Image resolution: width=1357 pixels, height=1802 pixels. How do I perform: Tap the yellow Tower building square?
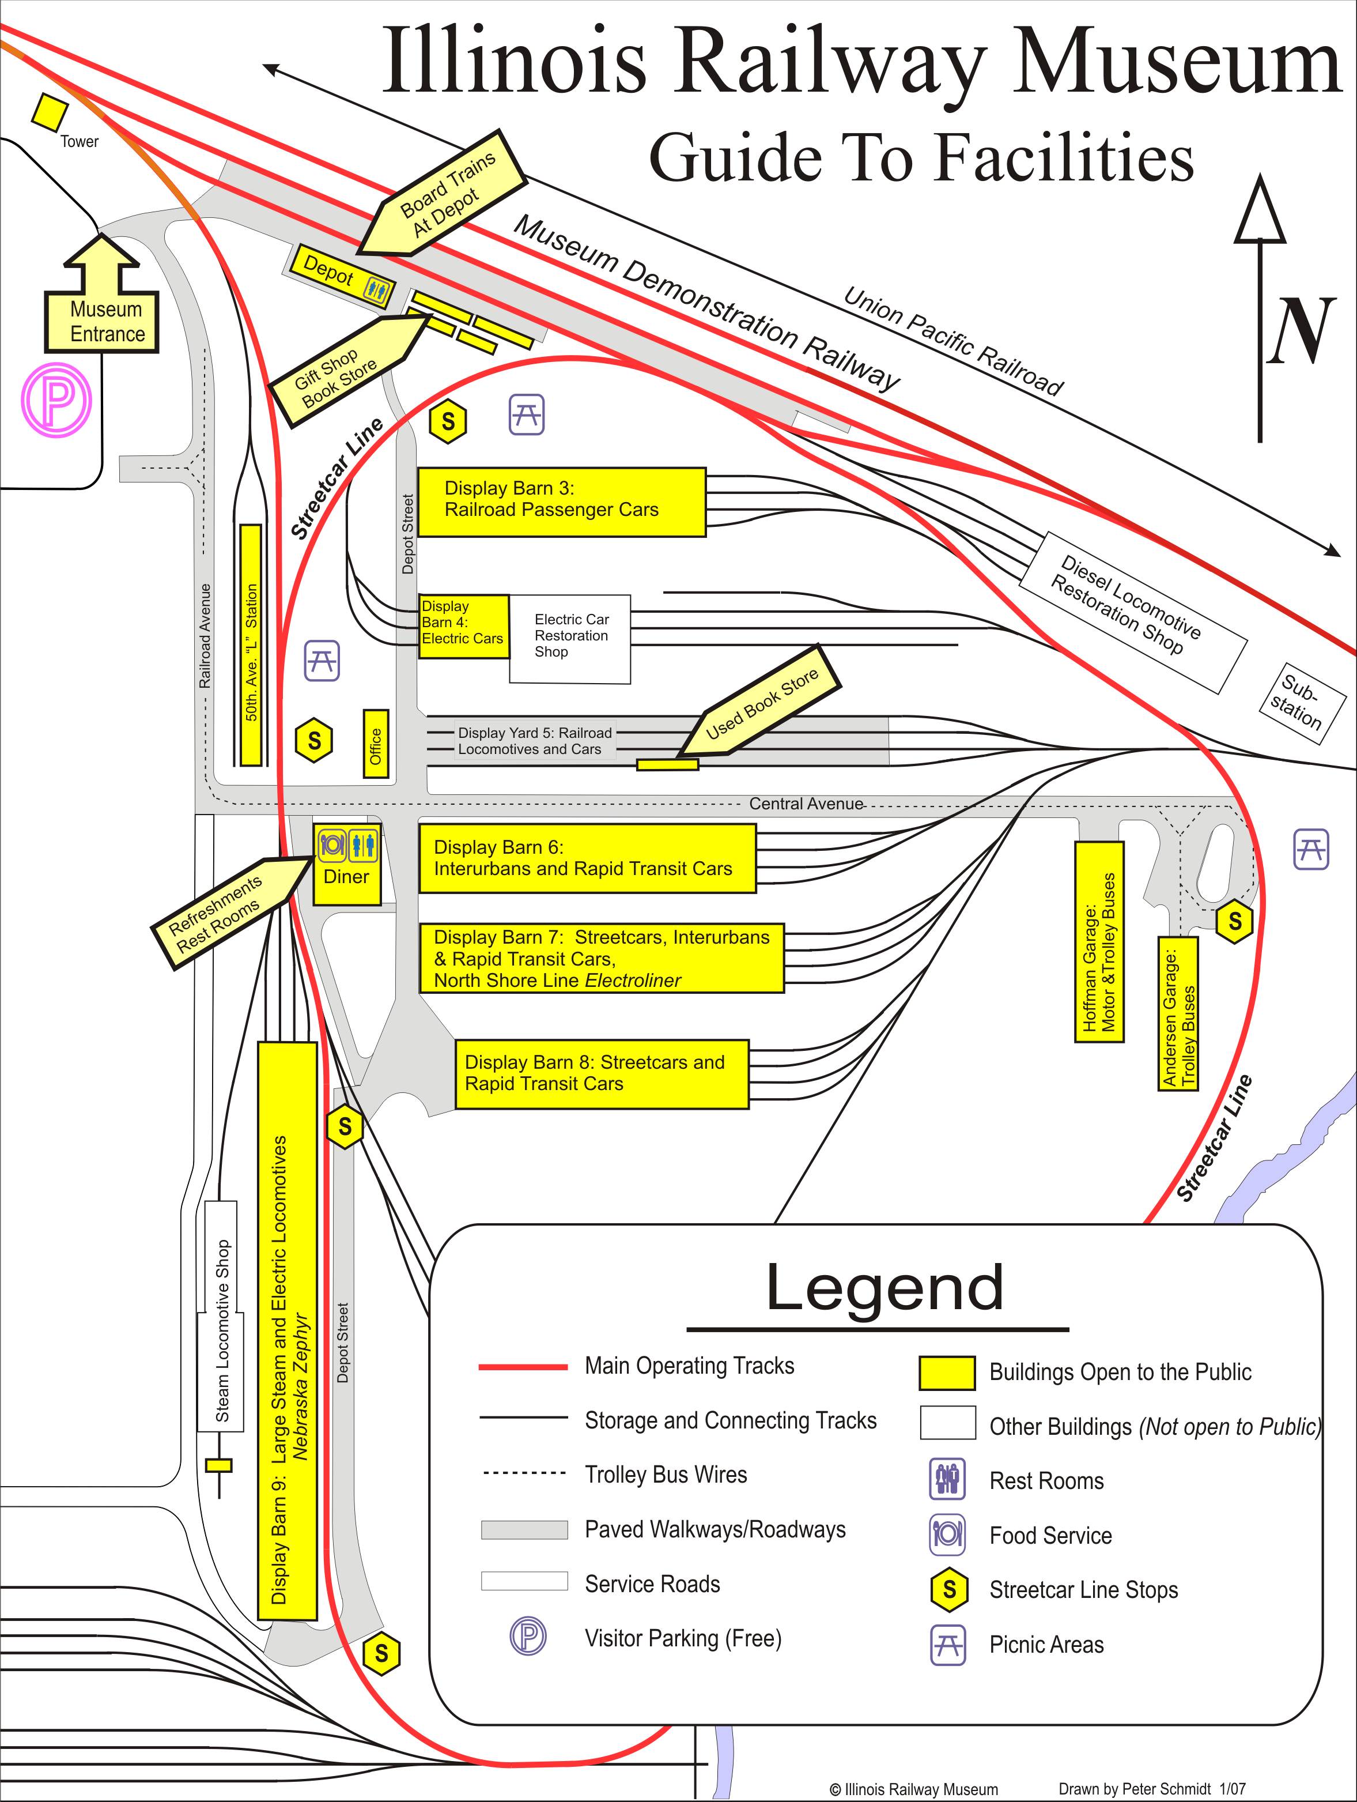click(x=50, y=112)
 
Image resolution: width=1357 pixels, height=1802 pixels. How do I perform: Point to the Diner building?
click(x=347, y=864)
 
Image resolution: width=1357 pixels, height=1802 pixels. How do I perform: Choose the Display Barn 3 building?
click(x=562, y=502)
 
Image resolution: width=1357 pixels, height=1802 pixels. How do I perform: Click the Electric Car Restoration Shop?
click(x=570, y=639)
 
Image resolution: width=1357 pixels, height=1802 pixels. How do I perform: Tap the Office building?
click(x=376, y=743)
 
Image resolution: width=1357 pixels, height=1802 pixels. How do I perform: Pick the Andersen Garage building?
click(x=1178, y=1013)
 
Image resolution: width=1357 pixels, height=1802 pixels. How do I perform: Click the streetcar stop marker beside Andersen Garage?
click(x=1235, y=921)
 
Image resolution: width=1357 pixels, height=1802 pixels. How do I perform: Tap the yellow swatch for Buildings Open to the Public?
click(x=947, y=1373)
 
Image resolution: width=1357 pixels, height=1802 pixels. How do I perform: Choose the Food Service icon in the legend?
click(x=947, y=1534)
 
